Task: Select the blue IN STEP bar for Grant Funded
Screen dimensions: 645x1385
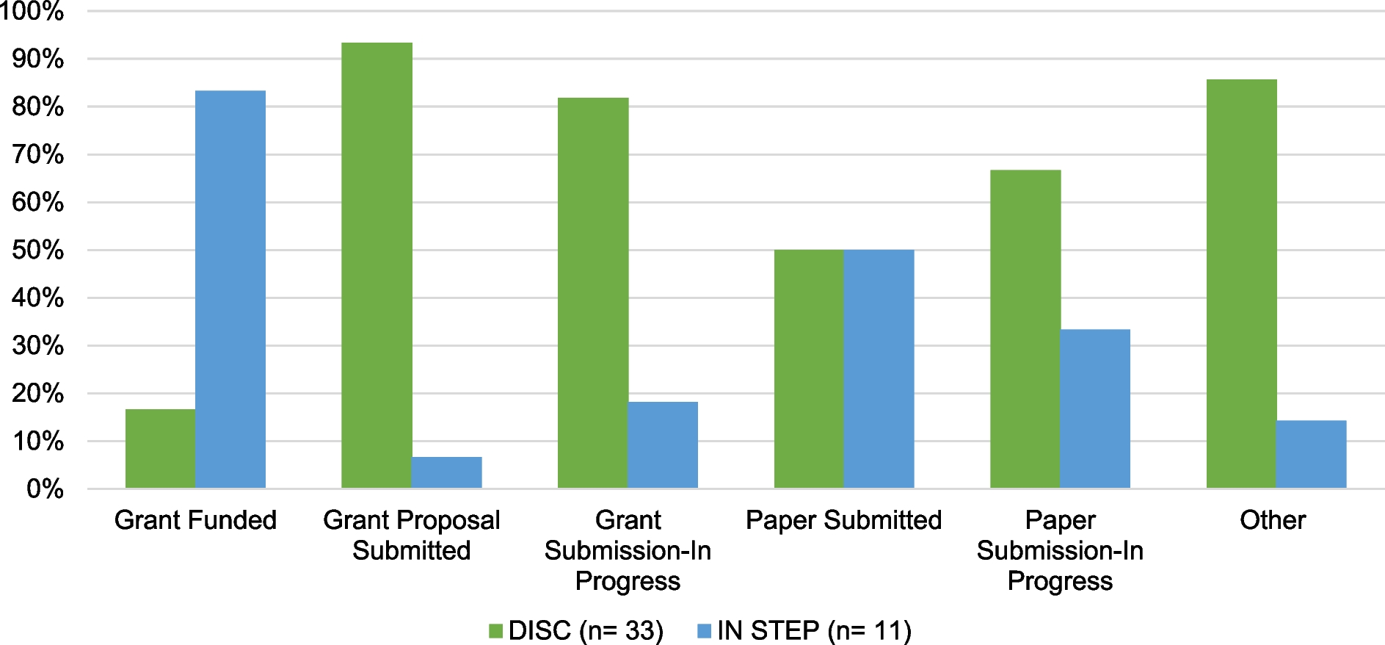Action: click(x=230, y=289)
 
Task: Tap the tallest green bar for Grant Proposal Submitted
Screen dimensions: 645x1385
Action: click(x=377, y=265)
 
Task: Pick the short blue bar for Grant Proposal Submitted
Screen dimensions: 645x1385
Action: click(x=446, y=472)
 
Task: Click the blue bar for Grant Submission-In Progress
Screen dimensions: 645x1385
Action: click(x=663, y=444)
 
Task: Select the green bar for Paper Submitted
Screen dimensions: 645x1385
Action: click(x=809, y=369)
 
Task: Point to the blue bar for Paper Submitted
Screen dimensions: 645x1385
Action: click(x=879, y=369)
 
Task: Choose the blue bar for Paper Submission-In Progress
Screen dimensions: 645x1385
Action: click(x=1095, y=408)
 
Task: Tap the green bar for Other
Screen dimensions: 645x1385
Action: click(x=1241, y=284)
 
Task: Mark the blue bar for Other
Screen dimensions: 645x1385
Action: click(x=1311, y=454)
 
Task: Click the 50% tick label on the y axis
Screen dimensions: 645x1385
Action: click(x=37, y=251)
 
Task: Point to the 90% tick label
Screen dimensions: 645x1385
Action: click(x=37, y=60)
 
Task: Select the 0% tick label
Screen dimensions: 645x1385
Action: click(x=44, y=489)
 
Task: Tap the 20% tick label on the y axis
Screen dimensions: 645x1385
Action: click(x=37, y=394)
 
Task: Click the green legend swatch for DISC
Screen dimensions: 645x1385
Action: click(x=496, y=630)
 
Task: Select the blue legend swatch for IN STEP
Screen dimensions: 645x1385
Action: click(x=704, y=630)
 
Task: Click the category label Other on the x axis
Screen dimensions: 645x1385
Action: click(x=1272, y=520)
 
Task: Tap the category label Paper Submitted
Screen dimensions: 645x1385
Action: click(x=843, y=520)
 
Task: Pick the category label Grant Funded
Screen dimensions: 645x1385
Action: click(x=195, y=520)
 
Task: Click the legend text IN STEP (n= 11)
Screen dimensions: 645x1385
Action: click(x=814, y=630)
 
